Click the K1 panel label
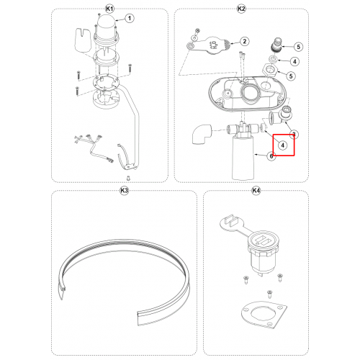(x=109, y=9)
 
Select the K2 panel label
(x=241, y=9)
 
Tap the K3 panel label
(x=124, y=191)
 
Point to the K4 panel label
(x=256, y=191)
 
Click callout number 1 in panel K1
(x=130, y=18)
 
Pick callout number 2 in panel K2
(x=245, y=41)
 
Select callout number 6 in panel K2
(x=271, y=156)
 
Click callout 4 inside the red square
(x=283, y=145)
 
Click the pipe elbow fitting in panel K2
(x=202, y=134)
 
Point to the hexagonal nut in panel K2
(x=270, y=70)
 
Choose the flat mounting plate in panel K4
(x=264, y=315)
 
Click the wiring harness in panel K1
(x=94, y=148)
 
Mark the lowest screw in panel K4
(x=269, y=293)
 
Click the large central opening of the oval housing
(x=250, y=92)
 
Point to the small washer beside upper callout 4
(x=273, y=58)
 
